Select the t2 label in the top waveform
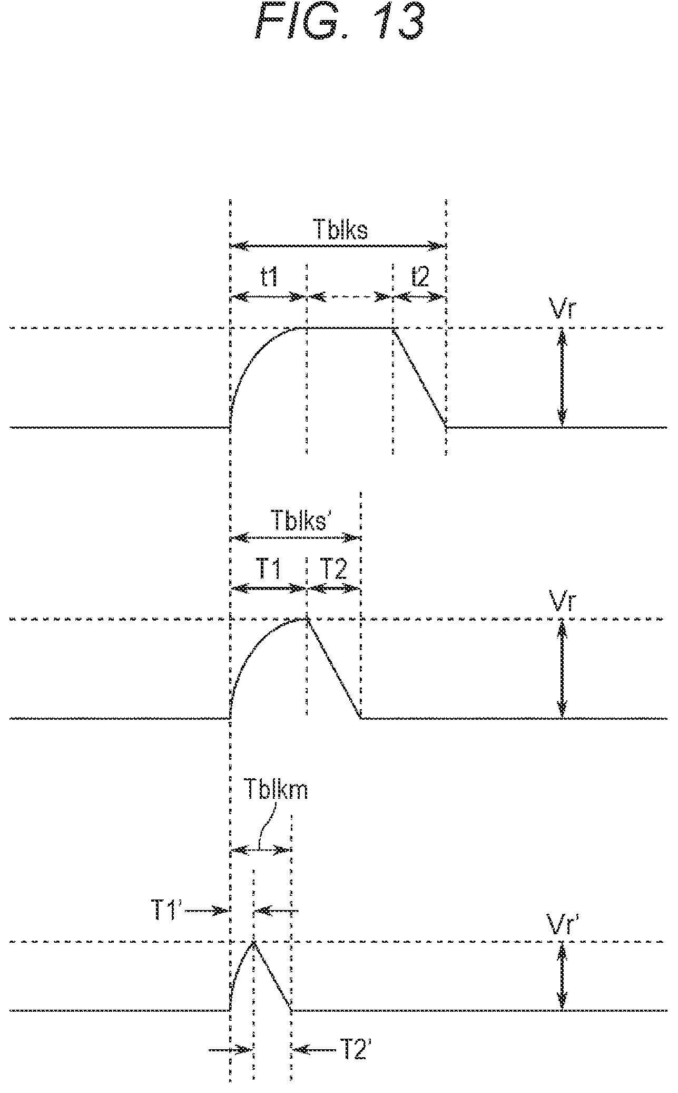click(420, 277)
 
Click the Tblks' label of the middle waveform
click(298, 520)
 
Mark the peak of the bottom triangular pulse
click(253, 941)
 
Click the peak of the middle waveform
click(306, 618)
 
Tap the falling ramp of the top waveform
click(420, 376)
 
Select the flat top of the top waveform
click(349, 327)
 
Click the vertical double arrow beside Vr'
click(563, 976)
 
